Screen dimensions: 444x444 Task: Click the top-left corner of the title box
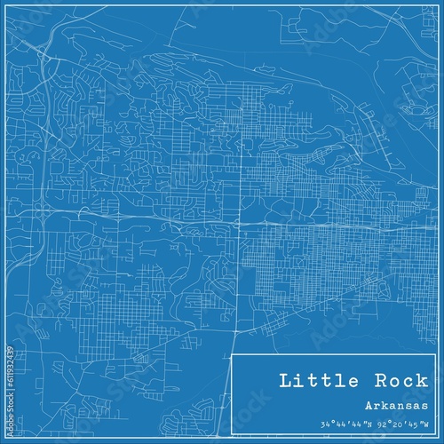click(232, 353)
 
